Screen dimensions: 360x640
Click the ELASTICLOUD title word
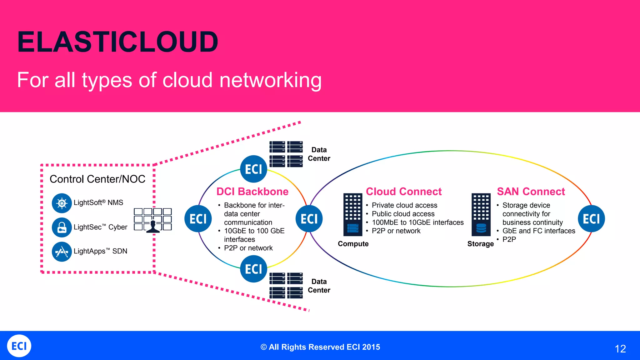click(x=117, y=42)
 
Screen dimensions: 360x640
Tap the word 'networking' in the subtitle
click(x=270, y=80)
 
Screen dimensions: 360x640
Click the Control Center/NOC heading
click(x=97, y=179)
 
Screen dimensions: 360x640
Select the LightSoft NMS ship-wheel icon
click(x=62, y=203)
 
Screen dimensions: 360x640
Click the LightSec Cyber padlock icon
click(x=62, y=227)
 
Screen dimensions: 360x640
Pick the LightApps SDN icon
click(x=62, y=252)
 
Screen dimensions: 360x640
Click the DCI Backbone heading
click(x=252, y=192)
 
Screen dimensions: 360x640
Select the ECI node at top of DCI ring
click(x=253, y=169)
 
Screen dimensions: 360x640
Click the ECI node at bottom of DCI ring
click(x=253, y=269)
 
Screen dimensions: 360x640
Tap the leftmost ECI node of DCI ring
click(x=198, y=219)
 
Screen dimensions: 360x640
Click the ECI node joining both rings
click(x=309, y=219)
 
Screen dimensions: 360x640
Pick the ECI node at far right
click(x=591, y=219)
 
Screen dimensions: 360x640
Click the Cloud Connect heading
click(x=404, y=192)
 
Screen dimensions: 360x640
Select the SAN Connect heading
click(x=531, y=192)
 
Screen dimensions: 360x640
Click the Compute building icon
click(x=352, y=215)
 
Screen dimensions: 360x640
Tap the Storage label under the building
click(x=480, y=244)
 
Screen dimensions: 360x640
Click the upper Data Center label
click(x=319, y=154)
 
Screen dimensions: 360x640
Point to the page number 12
click(x=620, y=349)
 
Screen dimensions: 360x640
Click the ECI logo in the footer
click(x=19, y=346)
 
